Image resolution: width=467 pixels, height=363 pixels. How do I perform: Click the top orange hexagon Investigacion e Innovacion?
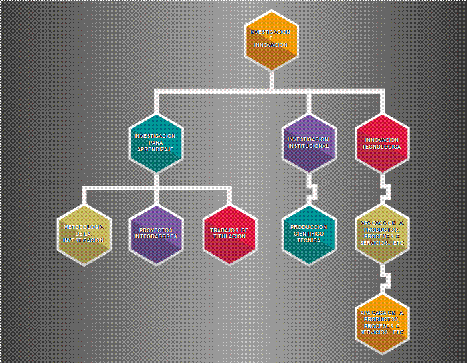271,40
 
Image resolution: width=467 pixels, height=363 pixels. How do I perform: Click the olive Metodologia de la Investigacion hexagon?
84,234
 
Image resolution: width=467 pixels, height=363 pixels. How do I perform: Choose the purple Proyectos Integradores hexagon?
155,234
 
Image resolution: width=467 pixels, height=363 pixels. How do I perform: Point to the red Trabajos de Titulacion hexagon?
229,234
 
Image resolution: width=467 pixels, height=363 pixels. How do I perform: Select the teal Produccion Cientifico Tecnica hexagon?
308,234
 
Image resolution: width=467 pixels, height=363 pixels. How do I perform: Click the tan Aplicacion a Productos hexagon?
382,234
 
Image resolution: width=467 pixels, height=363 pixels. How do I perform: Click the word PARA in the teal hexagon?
155,143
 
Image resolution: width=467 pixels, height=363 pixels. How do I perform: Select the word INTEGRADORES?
155,237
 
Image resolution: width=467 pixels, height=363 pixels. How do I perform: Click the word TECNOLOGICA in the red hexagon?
382,146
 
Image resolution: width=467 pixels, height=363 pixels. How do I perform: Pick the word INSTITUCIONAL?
308,146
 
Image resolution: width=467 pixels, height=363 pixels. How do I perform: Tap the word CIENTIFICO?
308,234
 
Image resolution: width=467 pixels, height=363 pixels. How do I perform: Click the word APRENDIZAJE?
155,149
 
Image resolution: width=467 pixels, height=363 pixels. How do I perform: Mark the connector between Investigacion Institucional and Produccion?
310,188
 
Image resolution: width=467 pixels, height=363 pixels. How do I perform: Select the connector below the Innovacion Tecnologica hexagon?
384,188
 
